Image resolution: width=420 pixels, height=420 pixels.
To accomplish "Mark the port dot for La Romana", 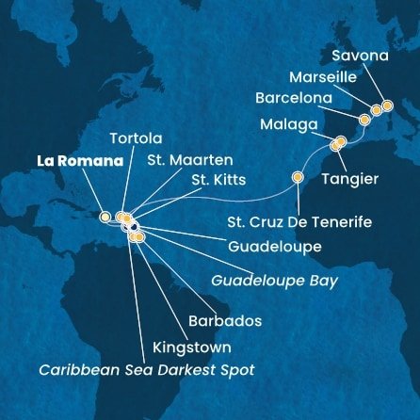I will coord(105,217).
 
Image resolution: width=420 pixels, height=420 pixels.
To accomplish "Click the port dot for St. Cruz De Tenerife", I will coord(299,176).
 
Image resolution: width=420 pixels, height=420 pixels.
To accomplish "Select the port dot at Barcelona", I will coord(364,120).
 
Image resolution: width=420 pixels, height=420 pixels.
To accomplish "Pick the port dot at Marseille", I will coord(376,110).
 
